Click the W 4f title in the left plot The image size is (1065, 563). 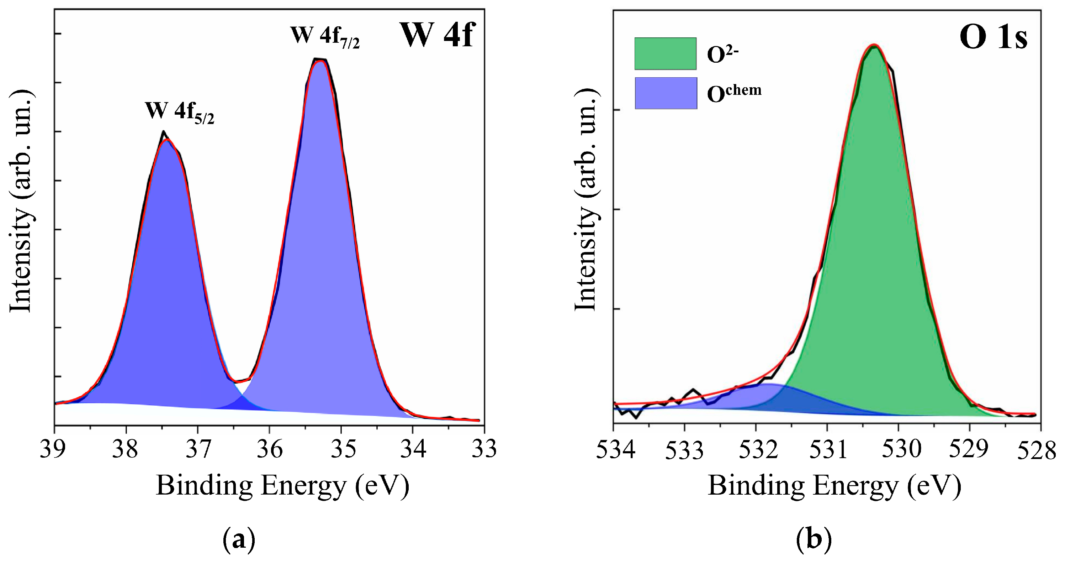(438, 36)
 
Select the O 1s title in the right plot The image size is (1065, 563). (993, 37)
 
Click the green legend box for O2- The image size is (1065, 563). (665, 54)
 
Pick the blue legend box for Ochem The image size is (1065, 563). (666, 93)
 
